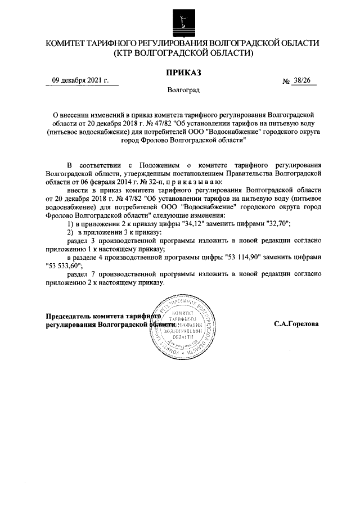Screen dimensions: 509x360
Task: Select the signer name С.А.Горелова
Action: click(296, 325)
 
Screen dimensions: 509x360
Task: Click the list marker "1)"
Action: click(70, 224)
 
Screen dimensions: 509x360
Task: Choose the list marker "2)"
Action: click(70, 232)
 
